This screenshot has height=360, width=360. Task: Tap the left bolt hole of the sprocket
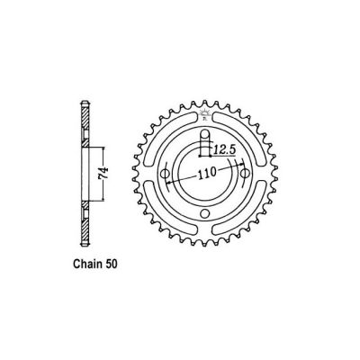[x=166, y=174]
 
